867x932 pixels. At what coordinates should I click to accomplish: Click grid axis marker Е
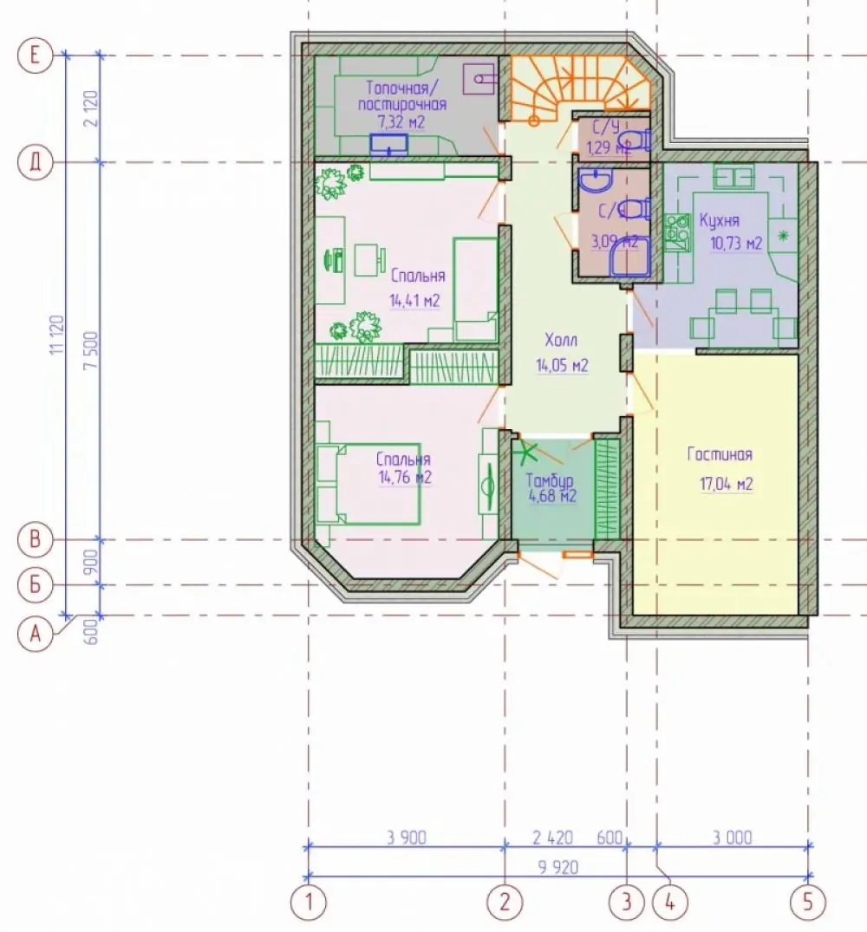(x=35, y=55)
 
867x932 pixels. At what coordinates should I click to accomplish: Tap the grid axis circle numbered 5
(x=807, y=903)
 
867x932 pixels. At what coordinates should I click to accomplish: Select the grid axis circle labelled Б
(x=35, y=585)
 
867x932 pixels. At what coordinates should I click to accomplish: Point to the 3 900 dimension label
(x=407, y=837)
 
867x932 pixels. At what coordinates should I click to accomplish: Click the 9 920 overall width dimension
(x=558, y=867)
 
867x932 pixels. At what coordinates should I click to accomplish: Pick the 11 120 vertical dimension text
(x=56, y=335)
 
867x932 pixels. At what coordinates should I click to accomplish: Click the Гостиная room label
(x=720, y=454)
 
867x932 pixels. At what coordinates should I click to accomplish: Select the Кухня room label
(x=719, y=221)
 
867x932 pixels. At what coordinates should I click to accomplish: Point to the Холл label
(x=561, y=341)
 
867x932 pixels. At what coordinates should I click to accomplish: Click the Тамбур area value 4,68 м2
(x=552, y=496)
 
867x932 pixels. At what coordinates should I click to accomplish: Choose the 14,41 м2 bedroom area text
(x=414, y=300)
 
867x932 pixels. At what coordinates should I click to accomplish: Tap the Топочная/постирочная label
(x=401, y=96)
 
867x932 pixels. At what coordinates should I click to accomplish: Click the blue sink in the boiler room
(x=388, y=144)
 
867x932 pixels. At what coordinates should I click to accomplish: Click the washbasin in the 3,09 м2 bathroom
(x=596, y=180)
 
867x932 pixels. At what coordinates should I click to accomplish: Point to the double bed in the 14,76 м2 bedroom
(x=368, y=483)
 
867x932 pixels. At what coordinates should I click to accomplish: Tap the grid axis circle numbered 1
(x=309, y=903)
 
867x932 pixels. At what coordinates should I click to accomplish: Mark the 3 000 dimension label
(x=732, y=837)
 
